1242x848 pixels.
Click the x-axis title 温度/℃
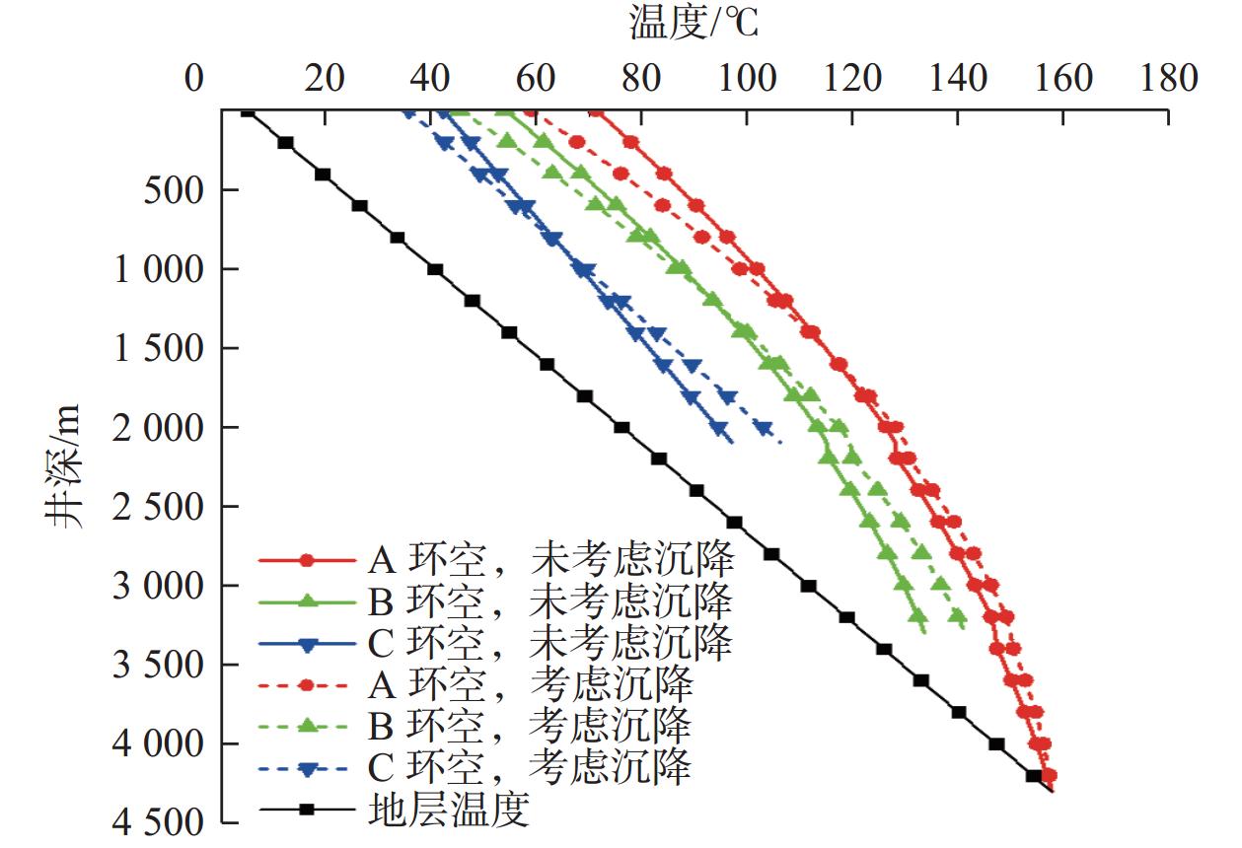click(x=694, y=24)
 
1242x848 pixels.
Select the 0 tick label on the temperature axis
click(x=194, y=79)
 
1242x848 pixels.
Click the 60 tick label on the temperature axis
click(x=536, y=79)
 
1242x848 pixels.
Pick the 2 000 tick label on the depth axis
click(x=159, y=428)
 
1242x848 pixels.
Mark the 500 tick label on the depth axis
click(x=174, y=190)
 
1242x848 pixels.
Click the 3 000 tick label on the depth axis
click(x=159, y=586)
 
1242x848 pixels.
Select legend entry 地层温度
click(x=449, y=811)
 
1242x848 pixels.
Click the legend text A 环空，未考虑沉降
click(x=550, y=560)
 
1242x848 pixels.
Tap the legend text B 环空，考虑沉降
click(x=530, y=727)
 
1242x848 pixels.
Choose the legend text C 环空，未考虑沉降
click(x=550, y=643)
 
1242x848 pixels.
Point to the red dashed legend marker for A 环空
click(x=307, y=685)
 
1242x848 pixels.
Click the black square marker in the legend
click(x=307, y=811)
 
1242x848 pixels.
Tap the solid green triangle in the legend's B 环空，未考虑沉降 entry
click(x=307, y=601)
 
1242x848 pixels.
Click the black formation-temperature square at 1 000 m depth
click(x=435, y=269)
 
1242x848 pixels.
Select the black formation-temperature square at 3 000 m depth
click(x=809, y=586)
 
